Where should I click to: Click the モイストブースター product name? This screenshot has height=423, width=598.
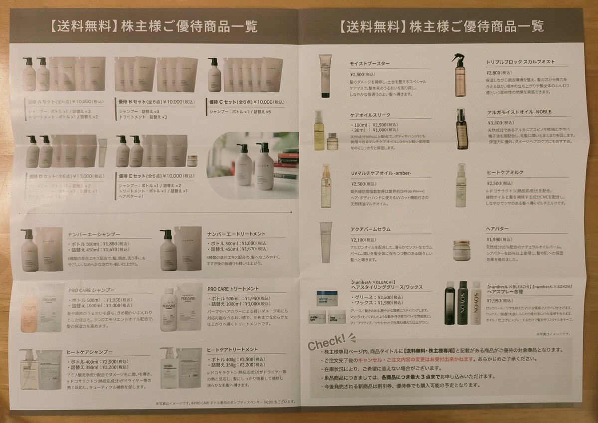370,64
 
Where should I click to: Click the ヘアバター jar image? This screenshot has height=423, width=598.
461,250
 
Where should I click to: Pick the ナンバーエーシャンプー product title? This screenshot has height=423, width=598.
94,233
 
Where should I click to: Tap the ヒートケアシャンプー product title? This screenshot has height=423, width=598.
90,352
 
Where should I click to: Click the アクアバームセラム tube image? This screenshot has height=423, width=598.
326,242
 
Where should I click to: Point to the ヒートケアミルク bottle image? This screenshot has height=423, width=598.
460,186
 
